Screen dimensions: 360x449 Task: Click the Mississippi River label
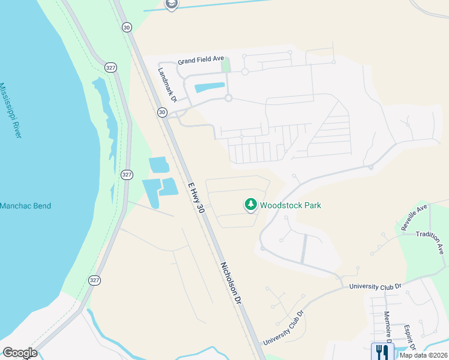click(x=11, y=111)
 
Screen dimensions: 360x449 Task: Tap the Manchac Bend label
click(x=25, y=206)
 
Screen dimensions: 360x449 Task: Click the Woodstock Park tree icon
click(x=250, y=205)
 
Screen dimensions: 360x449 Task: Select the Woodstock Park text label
click(x=291, y=205)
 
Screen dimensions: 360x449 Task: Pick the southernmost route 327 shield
click(x=94, y=280)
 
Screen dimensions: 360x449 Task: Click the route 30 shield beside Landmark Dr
click(x=162, y=112)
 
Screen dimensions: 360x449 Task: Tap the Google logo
click(x=20, y=353)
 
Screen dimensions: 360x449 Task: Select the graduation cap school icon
click(x=172, y=5)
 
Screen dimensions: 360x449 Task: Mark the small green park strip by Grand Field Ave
click(x=226, y=64)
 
